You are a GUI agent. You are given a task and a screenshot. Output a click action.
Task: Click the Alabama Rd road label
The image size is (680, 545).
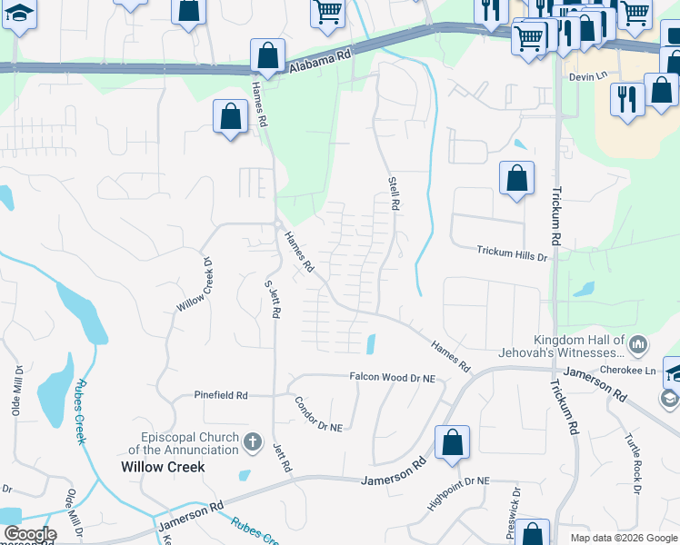(x=320, y=61)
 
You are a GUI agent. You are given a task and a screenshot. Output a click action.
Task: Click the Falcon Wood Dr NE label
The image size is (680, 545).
(x=393, y=376)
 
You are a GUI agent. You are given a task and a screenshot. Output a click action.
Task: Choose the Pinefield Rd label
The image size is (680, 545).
(x=221, y=395)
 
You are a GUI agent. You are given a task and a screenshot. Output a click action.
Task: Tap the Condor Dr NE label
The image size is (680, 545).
(x=317, y=413)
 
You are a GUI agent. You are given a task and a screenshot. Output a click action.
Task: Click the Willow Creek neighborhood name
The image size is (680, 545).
(x=163, y=467)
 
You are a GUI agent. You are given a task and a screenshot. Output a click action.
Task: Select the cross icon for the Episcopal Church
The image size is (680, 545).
(x=254, y=444)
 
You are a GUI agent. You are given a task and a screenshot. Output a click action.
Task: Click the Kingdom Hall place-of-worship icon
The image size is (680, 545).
(x=638, y=344)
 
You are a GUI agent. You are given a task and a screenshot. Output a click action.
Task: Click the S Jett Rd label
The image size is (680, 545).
(x=273, y=297)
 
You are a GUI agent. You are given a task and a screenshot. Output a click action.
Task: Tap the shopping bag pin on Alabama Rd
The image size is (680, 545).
(x=268, y=56)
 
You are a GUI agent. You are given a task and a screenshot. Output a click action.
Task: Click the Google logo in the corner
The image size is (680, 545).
(x=30, y=534)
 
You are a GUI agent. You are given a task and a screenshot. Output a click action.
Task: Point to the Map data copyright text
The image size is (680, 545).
(x=625, y=538)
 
